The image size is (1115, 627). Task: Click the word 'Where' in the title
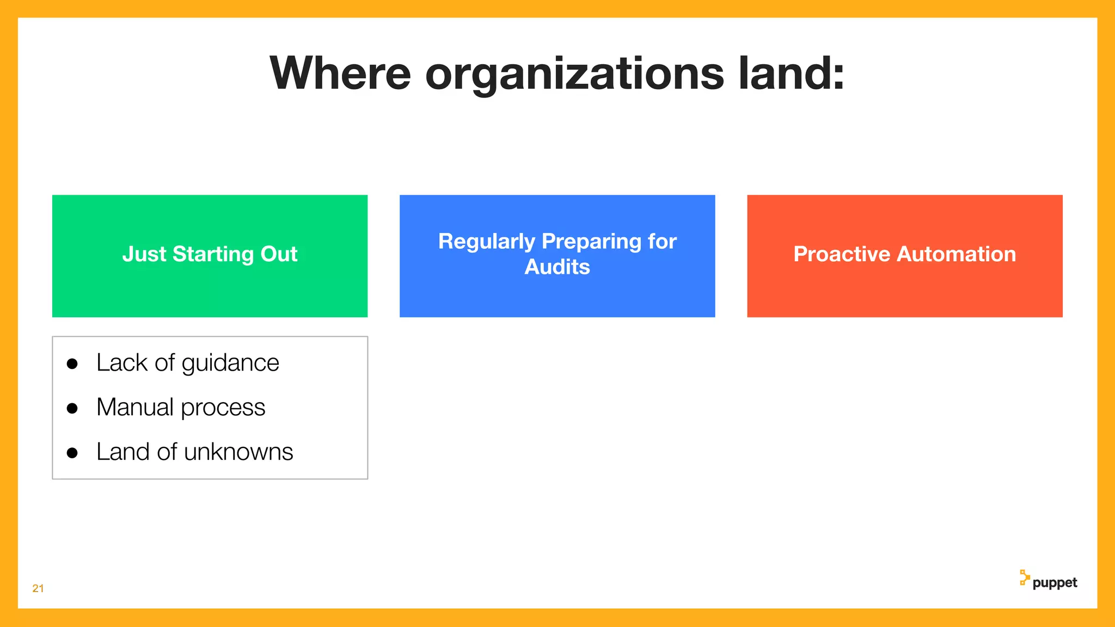pyautogui.click(x=340, y=73)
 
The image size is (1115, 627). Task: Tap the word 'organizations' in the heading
pyautogui.click(x=574, y=75)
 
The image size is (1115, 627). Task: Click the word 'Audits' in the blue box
pyautogui.click(x=557, y=267)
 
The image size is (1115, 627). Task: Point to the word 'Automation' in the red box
pyautogui.click(x=956, y=254)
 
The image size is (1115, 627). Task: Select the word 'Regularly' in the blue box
pyautogui.click(x=487, y=241)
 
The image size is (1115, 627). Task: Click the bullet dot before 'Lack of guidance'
pyautogui.click(x=72, y=364)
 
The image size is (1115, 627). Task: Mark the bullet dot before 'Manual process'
pyautogui.click(x=72, y=408)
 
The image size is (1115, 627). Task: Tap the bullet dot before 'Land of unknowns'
pyautogui.click(x=72, y=453)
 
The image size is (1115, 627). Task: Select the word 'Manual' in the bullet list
pyautogui.click(x=135, y=407)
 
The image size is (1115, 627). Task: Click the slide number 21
pyautogui.click(x=38, y=588)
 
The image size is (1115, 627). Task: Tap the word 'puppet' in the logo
pyautogui.click(x=1055, y=583)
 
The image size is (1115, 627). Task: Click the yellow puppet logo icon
pyautogui.click(x=1024, y=577)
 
